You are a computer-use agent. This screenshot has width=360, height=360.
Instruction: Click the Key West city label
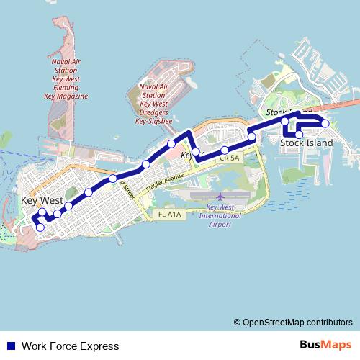42,200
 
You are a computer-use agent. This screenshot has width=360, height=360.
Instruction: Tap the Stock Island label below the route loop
307,143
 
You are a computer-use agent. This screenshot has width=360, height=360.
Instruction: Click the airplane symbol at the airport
220,196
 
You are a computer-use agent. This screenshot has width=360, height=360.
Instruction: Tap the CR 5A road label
230,157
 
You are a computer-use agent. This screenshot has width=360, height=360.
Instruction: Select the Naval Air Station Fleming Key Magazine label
66,78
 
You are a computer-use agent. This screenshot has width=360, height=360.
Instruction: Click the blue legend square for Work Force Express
10,346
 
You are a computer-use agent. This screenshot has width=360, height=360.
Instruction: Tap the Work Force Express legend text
70,346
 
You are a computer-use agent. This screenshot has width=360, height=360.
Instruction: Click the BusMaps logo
325,346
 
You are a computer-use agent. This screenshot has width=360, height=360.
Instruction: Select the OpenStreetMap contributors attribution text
293,323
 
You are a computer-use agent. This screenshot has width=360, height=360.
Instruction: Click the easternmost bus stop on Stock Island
325,124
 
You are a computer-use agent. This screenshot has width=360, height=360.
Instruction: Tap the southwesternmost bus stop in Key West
40,228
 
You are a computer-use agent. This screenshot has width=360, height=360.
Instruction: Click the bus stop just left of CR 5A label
196,152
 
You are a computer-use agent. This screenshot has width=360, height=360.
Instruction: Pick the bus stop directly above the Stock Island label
299,135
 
